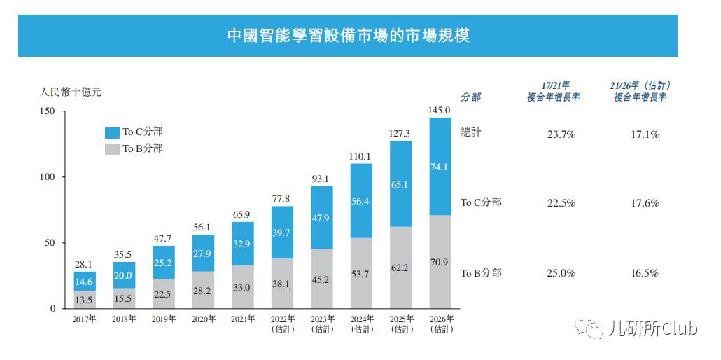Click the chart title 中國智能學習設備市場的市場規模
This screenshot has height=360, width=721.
348,36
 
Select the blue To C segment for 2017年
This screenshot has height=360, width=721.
84,281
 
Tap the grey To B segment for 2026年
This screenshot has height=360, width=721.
440,262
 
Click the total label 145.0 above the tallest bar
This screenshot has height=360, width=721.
440,110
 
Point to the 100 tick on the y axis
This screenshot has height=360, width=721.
48,177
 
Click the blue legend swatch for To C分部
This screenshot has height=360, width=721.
111,132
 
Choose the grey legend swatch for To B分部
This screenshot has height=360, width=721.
111,148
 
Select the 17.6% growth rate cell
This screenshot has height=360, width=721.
645,203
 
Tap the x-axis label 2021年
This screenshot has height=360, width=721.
242,319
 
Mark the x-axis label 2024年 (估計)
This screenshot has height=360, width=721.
361,324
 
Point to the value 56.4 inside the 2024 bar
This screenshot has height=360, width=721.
361,201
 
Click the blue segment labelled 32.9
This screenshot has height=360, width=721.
242,244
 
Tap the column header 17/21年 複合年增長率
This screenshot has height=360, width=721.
554,91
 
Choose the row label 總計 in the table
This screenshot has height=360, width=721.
471,132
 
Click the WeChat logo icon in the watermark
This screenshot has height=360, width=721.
585,328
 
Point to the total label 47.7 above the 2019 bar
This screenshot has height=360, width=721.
163,239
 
